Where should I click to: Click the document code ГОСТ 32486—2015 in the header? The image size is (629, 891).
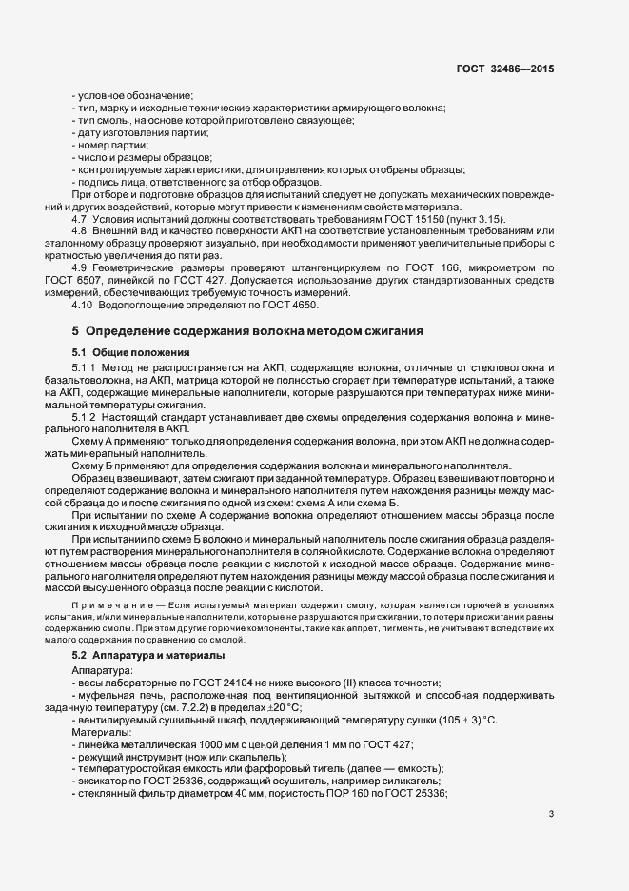[x=506, y=69]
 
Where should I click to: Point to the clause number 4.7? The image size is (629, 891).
[x=79, y=219]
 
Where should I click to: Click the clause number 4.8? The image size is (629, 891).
[x=79, y=231]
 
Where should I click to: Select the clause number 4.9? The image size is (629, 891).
[x=79, y=268]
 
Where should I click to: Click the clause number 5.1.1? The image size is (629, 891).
[x=84, y=367]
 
